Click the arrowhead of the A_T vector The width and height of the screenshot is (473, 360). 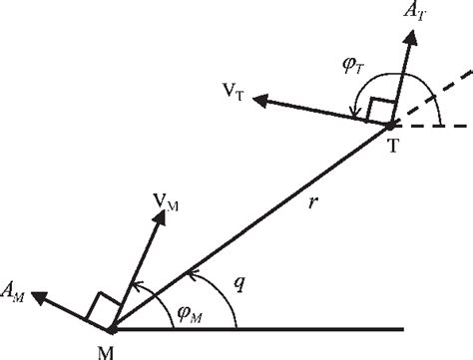tap(410, 36)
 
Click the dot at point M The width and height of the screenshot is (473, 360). tap(113, 326)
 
